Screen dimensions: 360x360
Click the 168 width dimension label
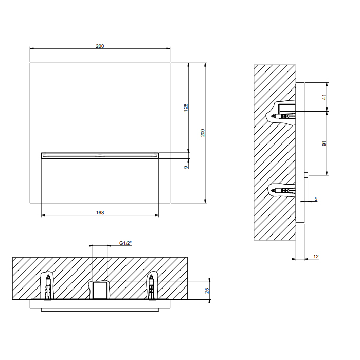coord(100,213)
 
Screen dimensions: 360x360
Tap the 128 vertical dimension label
coord(186,107)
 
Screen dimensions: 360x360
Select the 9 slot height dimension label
coord(186,167)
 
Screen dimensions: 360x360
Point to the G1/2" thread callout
coord(125,243)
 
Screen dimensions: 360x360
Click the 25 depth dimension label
coord(207,291)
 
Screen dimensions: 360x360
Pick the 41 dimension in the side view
coord(324,97)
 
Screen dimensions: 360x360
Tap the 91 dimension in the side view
coord(324,143)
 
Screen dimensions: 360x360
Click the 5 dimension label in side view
coord(316,199)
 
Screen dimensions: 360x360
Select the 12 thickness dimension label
coord(316,257)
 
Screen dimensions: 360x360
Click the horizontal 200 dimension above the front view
coord(100,46)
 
